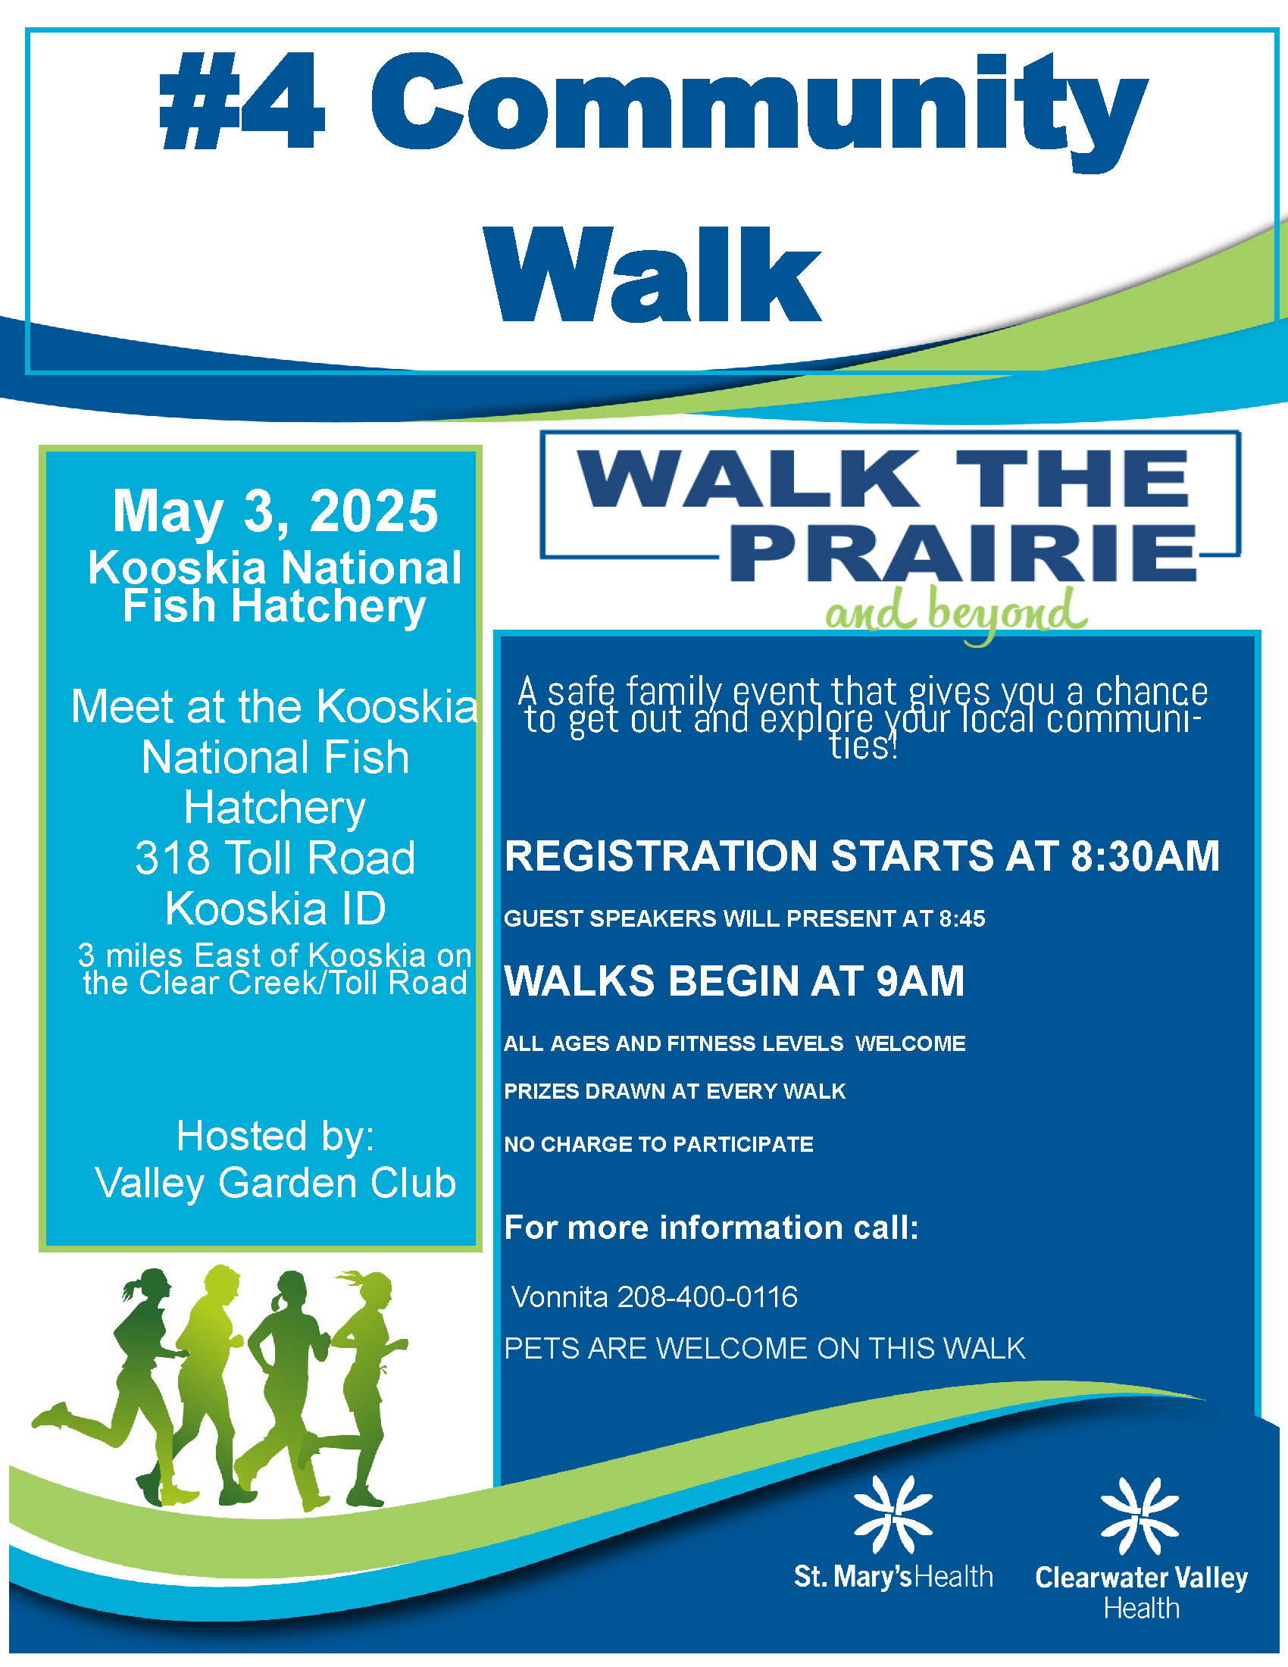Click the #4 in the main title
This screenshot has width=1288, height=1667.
point(242,102)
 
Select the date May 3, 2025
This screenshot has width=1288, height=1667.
point(276,511)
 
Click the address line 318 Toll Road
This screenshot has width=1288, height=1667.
point(276,857)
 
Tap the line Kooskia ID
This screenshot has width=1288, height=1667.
point(276,908)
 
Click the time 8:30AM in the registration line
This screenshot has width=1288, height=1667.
point(1145,855)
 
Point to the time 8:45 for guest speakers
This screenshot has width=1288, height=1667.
point(962,918)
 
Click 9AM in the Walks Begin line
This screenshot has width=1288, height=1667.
point(921,980)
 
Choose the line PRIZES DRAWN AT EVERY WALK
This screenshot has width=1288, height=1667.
point(674,1091)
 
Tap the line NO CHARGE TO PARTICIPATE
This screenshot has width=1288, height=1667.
point(658,1144)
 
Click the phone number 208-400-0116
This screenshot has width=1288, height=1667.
point(708,1296)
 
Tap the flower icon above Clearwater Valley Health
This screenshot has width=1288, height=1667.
point(1140,1516)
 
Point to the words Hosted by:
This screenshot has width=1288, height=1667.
point(276,1136)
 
